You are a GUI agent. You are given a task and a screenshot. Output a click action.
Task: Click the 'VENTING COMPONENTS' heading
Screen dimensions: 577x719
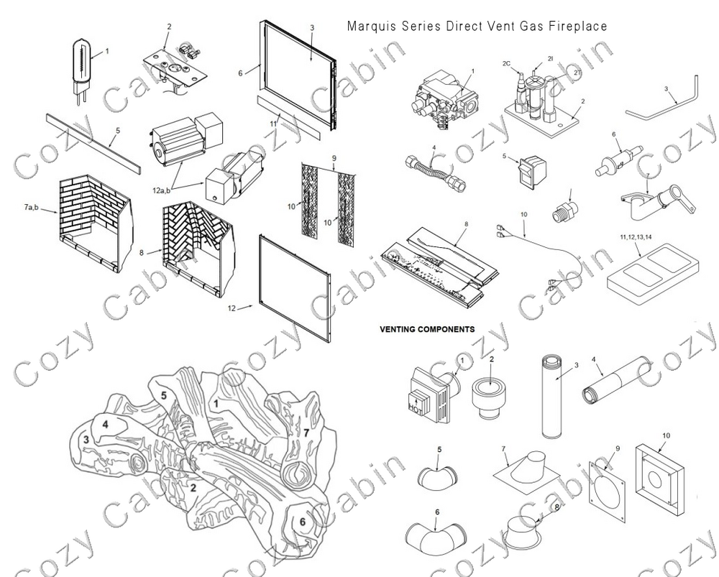(426, 329)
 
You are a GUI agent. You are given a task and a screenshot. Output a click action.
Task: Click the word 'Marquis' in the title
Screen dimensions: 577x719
(367, 27)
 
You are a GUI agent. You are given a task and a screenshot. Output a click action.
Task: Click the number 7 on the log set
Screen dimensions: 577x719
(306, 432)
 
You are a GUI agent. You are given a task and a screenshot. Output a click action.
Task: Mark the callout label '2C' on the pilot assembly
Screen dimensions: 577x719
(506, 63)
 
